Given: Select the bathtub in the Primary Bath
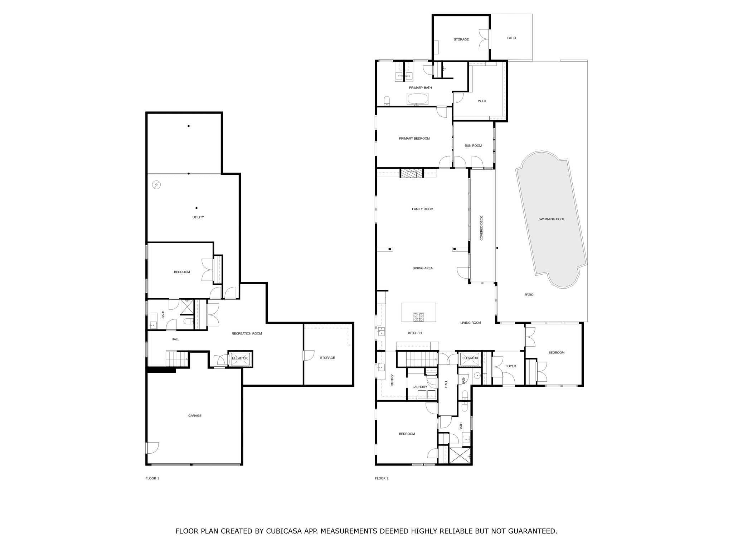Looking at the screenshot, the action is [417, 99].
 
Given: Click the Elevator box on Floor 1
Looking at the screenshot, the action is [240, 358].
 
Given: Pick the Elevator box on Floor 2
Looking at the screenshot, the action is [470, 358].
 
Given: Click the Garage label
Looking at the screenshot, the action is [195, 416].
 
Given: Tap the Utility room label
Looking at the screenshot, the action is [198, 217].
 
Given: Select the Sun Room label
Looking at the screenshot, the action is [473, 146].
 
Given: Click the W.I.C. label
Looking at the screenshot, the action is [482, 101].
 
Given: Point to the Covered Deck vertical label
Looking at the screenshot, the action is [481, 228].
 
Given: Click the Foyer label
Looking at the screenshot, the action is [511, 366].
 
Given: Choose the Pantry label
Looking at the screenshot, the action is [392, 380].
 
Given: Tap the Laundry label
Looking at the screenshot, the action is [420, 387].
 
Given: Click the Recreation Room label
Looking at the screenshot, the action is [247, 334].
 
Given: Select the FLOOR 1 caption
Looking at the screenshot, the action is [152, 478].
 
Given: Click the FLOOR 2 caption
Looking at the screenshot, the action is [382, 478].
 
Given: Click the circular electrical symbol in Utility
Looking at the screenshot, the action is [156, 185].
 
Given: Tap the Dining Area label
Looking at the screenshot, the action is [423, 268].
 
